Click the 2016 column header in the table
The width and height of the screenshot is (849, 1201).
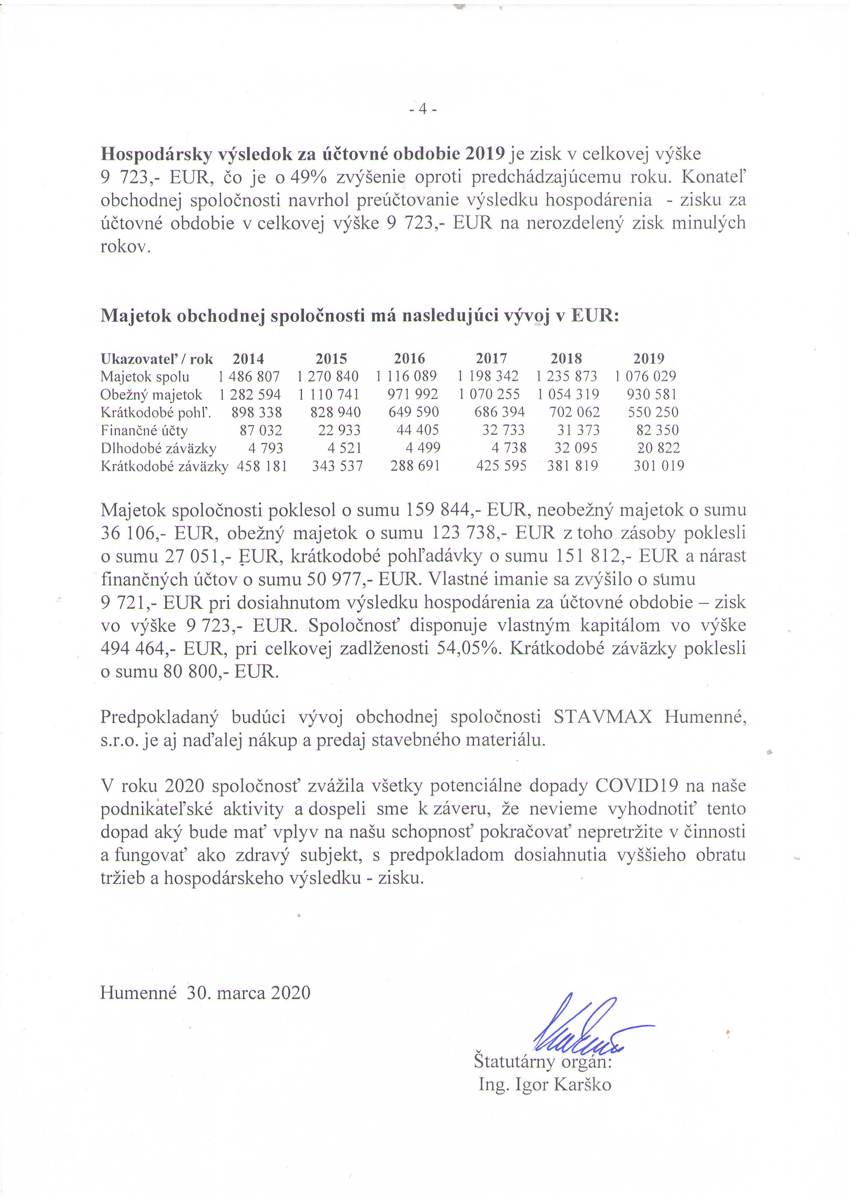pyautogui.click(x=409, y=359)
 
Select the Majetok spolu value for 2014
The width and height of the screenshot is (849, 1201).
pyautogui.click(x=249, y=377)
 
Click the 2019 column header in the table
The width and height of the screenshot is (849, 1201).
pyautogui.click(x=649, y=359)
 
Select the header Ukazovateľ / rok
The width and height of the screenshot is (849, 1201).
pyautogui.click(x=156, y=359)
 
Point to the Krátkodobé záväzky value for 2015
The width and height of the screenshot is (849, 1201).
pyautogui.click(x=338, y=466)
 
